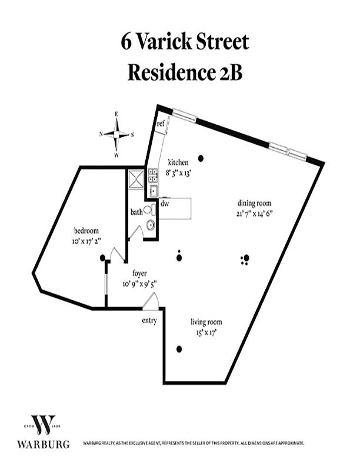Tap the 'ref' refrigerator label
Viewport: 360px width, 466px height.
click(160, 124)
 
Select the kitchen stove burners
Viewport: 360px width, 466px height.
click(152, 175)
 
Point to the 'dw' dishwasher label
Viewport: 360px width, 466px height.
click(164, 204)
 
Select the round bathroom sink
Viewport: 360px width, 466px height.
click(151, 225)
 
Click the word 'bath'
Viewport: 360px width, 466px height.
click(136, 212)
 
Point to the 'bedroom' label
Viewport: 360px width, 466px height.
click(86, 231)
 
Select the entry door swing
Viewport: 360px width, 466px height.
click(151, 302)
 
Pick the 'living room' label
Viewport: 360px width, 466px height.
click(206, 322)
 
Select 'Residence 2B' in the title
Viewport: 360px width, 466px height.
click(185, 72)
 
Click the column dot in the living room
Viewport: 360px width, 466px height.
click(179, 349)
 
